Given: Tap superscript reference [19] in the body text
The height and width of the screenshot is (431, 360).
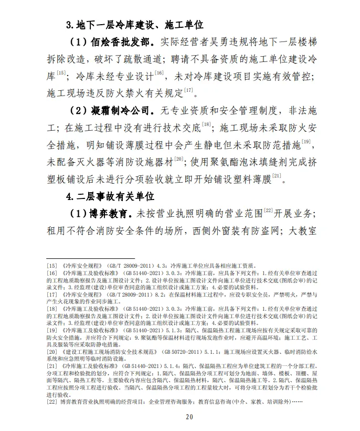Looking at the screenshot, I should click(306, 141).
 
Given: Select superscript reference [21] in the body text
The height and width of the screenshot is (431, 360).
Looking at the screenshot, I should click(277, 175).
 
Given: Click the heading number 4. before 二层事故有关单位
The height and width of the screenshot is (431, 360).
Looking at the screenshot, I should click(71, 197).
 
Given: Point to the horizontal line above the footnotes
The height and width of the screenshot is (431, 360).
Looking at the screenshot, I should click(91, 259).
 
